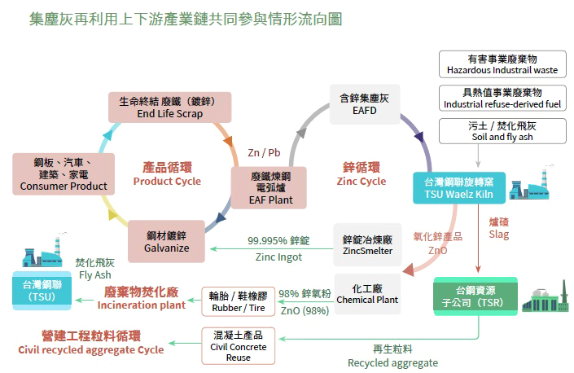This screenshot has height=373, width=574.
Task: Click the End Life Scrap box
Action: (169, 108)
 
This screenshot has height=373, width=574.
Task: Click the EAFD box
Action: (364, 104)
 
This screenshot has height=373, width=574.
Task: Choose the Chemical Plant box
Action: (367, 294)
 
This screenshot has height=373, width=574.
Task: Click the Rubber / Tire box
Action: (238, 301)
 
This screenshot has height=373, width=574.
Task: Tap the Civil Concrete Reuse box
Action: (238, 345)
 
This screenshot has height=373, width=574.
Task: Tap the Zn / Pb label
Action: (264, 153)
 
